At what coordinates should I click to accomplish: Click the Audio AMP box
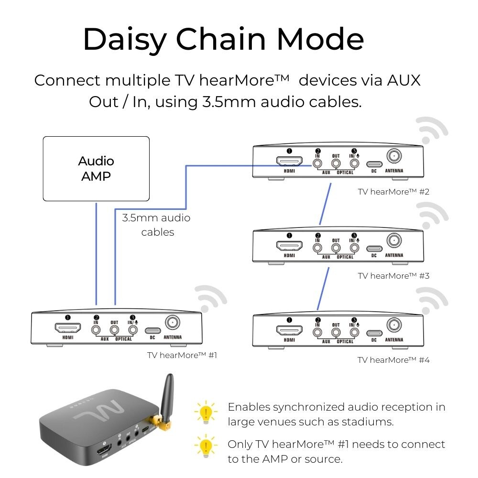(96, 168)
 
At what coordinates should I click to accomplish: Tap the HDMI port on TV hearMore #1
(67, 328)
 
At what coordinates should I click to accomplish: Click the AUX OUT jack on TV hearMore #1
(114, 329)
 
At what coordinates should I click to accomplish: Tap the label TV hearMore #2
(393, 192)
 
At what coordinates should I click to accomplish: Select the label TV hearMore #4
(393, 359)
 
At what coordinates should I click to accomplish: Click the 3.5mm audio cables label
(156, 225)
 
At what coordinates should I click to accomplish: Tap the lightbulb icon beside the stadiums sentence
(206, 413)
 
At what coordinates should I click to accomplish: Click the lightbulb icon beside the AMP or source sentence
(206, 447)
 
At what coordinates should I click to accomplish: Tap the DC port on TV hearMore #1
(152, 330)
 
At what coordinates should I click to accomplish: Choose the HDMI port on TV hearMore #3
(289, 247)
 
